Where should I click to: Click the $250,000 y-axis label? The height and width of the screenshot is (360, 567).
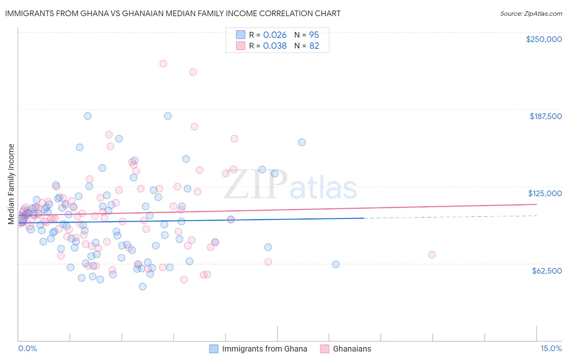(544, 39)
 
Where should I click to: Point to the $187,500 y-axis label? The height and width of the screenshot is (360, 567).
(545, 116)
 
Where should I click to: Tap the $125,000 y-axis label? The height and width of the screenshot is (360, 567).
(545, 193)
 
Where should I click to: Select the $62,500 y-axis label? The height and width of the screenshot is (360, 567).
(546, 270)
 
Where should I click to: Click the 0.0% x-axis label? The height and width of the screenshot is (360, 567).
(27, 348)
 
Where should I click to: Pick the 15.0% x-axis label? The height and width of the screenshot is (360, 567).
(551, 348)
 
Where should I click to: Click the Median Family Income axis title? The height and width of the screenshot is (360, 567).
(11, 184)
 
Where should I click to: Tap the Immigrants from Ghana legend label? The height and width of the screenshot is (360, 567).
(265, 349)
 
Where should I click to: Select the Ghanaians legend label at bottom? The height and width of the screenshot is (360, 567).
(352, 349)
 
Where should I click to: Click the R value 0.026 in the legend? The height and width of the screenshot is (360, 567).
(275, 35)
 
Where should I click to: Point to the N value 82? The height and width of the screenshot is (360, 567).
(314, 46)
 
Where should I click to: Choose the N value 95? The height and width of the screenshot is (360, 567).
(314, 35)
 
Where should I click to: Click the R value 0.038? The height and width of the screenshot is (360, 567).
(275, 46)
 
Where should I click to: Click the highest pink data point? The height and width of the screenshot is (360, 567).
(163, 63)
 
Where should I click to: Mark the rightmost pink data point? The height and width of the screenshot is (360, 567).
(432, 255)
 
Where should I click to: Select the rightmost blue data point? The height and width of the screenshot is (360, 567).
(336, 264)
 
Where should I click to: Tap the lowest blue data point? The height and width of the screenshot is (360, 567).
(142, 287)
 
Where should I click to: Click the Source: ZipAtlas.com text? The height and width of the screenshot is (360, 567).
(531, 14)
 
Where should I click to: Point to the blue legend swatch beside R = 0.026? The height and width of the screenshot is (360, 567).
(241, 35)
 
